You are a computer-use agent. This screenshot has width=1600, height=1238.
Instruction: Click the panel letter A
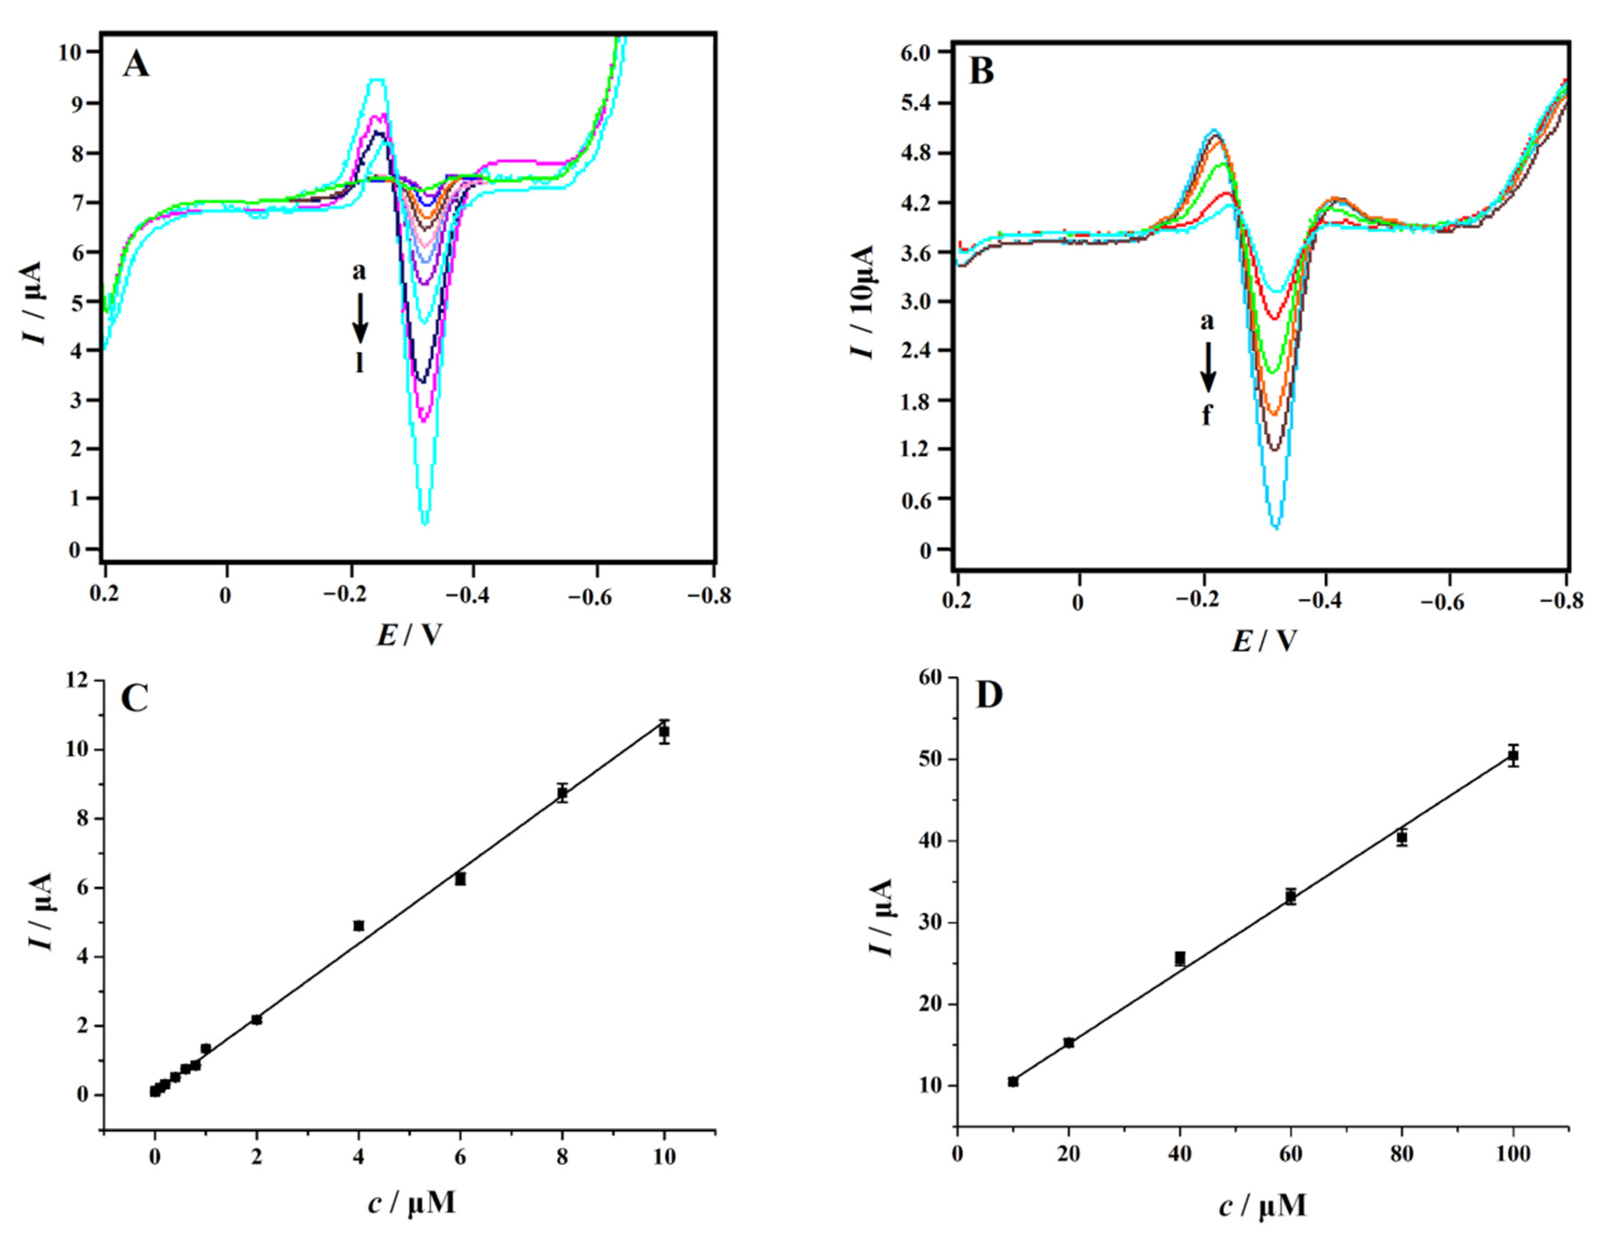click(x=137, y=65)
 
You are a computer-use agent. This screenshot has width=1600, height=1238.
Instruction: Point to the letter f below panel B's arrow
click(x=1206, y=415)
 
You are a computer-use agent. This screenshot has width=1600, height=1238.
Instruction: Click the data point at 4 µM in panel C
click(x=358, y=926)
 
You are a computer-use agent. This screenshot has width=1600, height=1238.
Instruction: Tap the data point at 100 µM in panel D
click(x=1513, y=756)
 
